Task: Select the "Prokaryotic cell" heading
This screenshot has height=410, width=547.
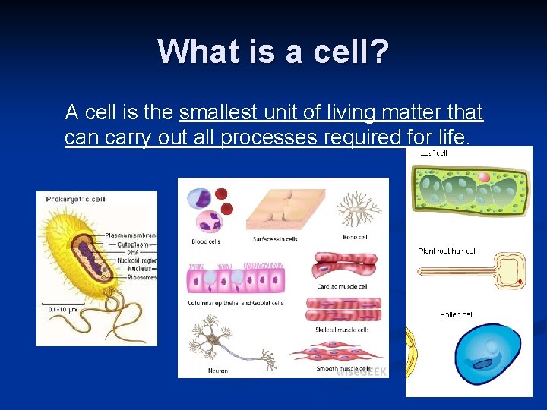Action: [x=76, y=200]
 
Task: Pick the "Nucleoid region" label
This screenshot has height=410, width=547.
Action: [x=138, y=260]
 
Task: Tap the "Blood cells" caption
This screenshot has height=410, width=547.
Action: [x=206, y=241]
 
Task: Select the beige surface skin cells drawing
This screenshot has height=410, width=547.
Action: [x=285, y=209]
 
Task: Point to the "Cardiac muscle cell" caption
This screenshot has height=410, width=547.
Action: [x=342, y=287]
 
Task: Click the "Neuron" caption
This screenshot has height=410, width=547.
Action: [x=217, y=371]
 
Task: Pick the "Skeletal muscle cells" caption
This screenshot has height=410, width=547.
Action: [x=342, y=330]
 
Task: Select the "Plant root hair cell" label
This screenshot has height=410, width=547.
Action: [x=448, y=251]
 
